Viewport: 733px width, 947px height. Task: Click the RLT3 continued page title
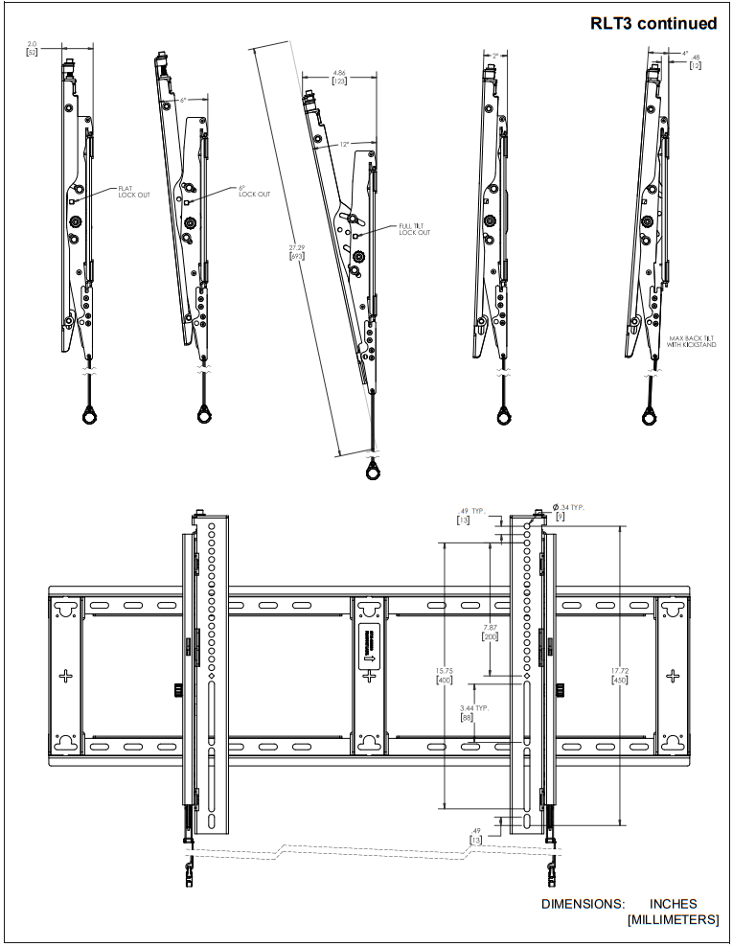653,23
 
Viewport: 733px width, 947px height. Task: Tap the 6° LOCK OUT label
254,191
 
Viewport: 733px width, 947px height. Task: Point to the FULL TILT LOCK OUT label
414,229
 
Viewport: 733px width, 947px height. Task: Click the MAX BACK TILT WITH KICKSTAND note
691,341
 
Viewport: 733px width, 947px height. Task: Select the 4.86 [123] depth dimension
338,78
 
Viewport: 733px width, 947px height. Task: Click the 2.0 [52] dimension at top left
33,48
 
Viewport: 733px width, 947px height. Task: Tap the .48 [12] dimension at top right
697,60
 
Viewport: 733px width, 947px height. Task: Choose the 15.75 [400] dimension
444,675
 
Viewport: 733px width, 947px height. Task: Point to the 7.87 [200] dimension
490,631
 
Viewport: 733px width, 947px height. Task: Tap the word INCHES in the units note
673,903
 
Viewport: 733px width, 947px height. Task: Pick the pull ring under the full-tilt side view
373,471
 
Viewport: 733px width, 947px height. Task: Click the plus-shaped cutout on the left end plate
65,675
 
